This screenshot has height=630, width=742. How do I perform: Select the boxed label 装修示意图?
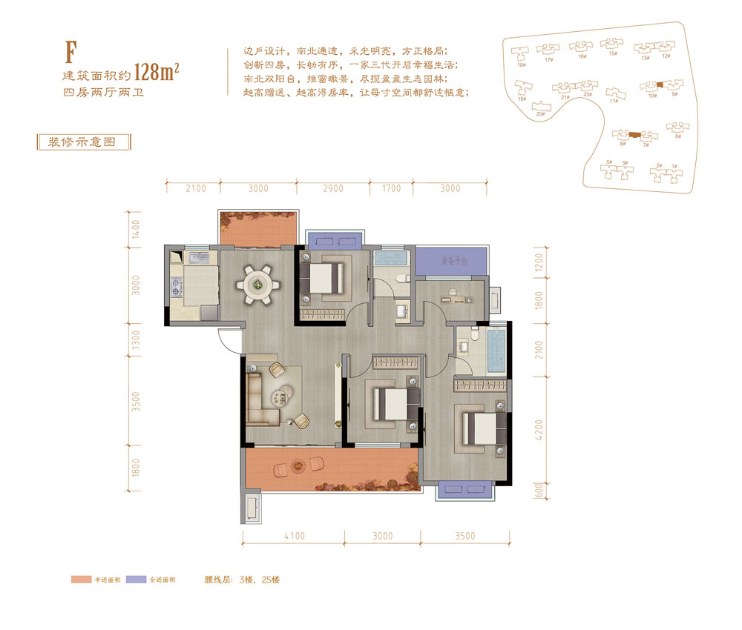click(x=83, y=142)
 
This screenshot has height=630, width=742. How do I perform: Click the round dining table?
click(x=257, y=282)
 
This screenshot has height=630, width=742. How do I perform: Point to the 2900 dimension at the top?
click(x=333, y=188)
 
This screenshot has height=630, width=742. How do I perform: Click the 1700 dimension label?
click(x=393, y=188)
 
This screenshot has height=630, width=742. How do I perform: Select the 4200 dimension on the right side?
click(x=539, y=431)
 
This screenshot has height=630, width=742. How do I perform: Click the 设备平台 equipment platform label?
click(x=453, y=261)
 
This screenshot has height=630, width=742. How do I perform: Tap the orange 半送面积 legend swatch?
click(x=82, y=579)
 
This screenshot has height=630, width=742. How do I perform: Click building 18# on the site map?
click(x=522, y=65)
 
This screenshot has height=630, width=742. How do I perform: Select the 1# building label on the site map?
click(x=674, y=166)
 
